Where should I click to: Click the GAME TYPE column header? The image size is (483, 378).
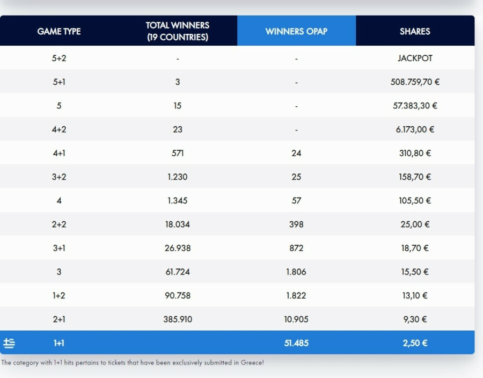point(59,31)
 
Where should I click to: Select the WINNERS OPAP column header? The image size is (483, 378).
point(296,31)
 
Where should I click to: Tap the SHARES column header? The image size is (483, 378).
point(415,31)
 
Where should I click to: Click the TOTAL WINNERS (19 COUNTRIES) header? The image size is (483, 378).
point(178,31)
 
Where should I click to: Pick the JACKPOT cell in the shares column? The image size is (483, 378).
point(415,58)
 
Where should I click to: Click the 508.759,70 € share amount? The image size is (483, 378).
point(415,82)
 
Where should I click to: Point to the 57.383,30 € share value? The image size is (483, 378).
point(415,106)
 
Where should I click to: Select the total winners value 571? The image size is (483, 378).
point(178,153)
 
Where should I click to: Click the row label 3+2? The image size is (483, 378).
point(59,177)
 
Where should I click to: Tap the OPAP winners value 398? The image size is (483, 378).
point(296,224)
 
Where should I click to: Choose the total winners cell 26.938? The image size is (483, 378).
point(178,248)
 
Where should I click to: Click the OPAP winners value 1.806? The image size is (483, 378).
point(296,272)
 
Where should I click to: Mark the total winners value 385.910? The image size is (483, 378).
point(178,319)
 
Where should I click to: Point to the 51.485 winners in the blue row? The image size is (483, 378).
point(296,343)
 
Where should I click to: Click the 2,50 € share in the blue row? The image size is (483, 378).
point(415,343)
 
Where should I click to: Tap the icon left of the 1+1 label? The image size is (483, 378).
point(9,343)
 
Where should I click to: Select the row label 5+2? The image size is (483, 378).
point(59,58)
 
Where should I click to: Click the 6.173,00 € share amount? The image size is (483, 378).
point(415,129)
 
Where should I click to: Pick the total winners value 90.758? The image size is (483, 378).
point(178,295)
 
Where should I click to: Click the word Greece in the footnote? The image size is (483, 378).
point(252,362)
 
